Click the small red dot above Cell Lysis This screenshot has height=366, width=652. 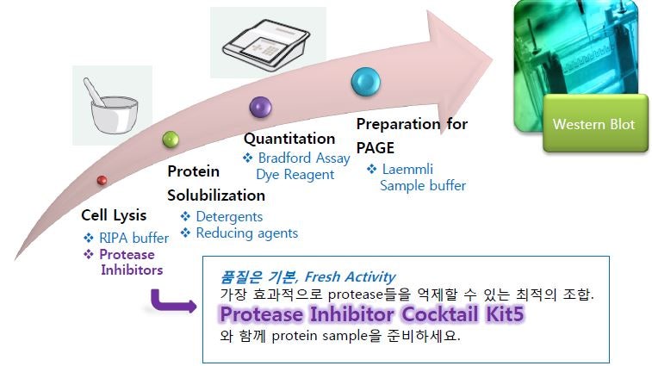pos(102,180)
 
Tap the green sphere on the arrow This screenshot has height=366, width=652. pos(171,140)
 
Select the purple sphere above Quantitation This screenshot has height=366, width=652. pos(261,107)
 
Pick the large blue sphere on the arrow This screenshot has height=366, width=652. pos(366,82)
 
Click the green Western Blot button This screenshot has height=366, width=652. pos(595,123)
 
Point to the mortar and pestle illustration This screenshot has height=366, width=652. pos(112,105)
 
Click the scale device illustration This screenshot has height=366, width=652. pos(266,42)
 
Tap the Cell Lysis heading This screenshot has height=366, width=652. pos(114,215)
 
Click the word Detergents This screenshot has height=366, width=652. pos(229,217)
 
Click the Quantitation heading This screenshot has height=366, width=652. pos(289,139)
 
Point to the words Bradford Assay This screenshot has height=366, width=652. pos(304,158)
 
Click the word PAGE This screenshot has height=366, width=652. pos(376,147)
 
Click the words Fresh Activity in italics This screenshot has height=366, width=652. pos(351,276)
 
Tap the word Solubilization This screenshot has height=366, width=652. pos(216,195)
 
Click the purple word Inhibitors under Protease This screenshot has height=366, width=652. pos(132,270)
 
